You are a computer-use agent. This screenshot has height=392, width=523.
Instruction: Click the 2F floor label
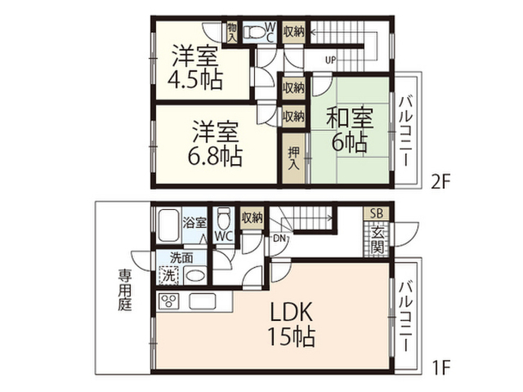[440, 182]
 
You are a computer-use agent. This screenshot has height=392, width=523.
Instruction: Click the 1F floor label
[441, 367]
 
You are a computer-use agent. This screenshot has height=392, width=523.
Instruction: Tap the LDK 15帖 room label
[292, 324]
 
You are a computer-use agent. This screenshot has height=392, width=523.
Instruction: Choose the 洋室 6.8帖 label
[215, 144]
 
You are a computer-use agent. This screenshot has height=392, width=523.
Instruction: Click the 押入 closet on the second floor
[293, 158]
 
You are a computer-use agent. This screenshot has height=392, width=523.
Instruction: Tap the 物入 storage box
[232, 33]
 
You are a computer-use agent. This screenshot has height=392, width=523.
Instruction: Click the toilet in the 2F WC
[254, 33]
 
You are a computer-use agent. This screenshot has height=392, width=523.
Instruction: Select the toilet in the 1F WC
[223, 219]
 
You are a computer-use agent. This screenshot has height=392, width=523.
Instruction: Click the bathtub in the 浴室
[168, 225]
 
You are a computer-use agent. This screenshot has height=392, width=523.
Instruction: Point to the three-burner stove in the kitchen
[169, 301]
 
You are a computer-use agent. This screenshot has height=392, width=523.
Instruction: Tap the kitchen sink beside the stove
[203, 301]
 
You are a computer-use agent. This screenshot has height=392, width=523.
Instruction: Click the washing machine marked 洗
[169, 275]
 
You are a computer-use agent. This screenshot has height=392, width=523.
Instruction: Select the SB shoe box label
[376, 213]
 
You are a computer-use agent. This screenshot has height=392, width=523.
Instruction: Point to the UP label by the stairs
[330, 60]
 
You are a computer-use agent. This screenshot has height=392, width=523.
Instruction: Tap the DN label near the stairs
[279, 238]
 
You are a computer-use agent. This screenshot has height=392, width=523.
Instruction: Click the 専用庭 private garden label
[125, 290]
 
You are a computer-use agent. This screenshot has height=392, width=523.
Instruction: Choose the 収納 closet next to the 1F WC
[253, 218]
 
